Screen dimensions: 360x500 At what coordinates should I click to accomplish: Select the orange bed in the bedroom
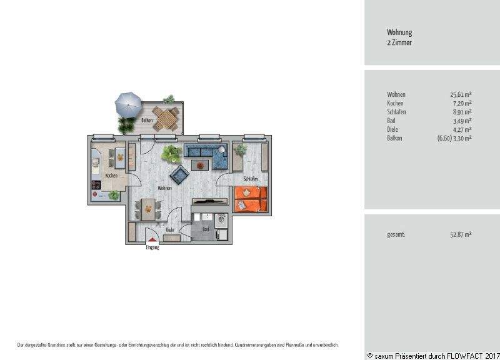252,199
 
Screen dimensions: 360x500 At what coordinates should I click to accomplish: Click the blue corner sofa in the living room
209,156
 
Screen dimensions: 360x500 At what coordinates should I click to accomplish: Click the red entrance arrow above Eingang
152,241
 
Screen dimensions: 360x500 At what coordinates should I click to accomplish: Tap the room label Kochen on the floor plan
112,176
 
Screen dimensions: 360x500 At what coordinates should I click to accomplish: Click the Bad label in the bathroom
206,230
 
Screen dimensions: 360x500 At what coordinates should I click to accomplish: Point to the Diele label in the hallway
169,230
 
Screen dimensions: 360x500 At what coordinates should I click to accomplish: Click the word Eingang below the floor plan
152,248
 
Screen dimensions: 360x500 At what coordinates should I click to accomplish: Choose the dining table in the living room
147,209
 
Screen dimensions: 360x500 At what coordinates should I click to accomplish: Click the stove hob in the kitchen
96,185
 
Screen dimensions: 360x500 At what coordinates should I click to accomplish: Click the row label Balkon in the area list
395,138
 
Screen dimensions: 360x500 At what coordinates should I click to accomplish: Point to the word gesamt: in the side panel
396,234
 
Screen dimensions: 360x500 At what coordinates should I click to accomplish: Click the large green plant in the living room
169,153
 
